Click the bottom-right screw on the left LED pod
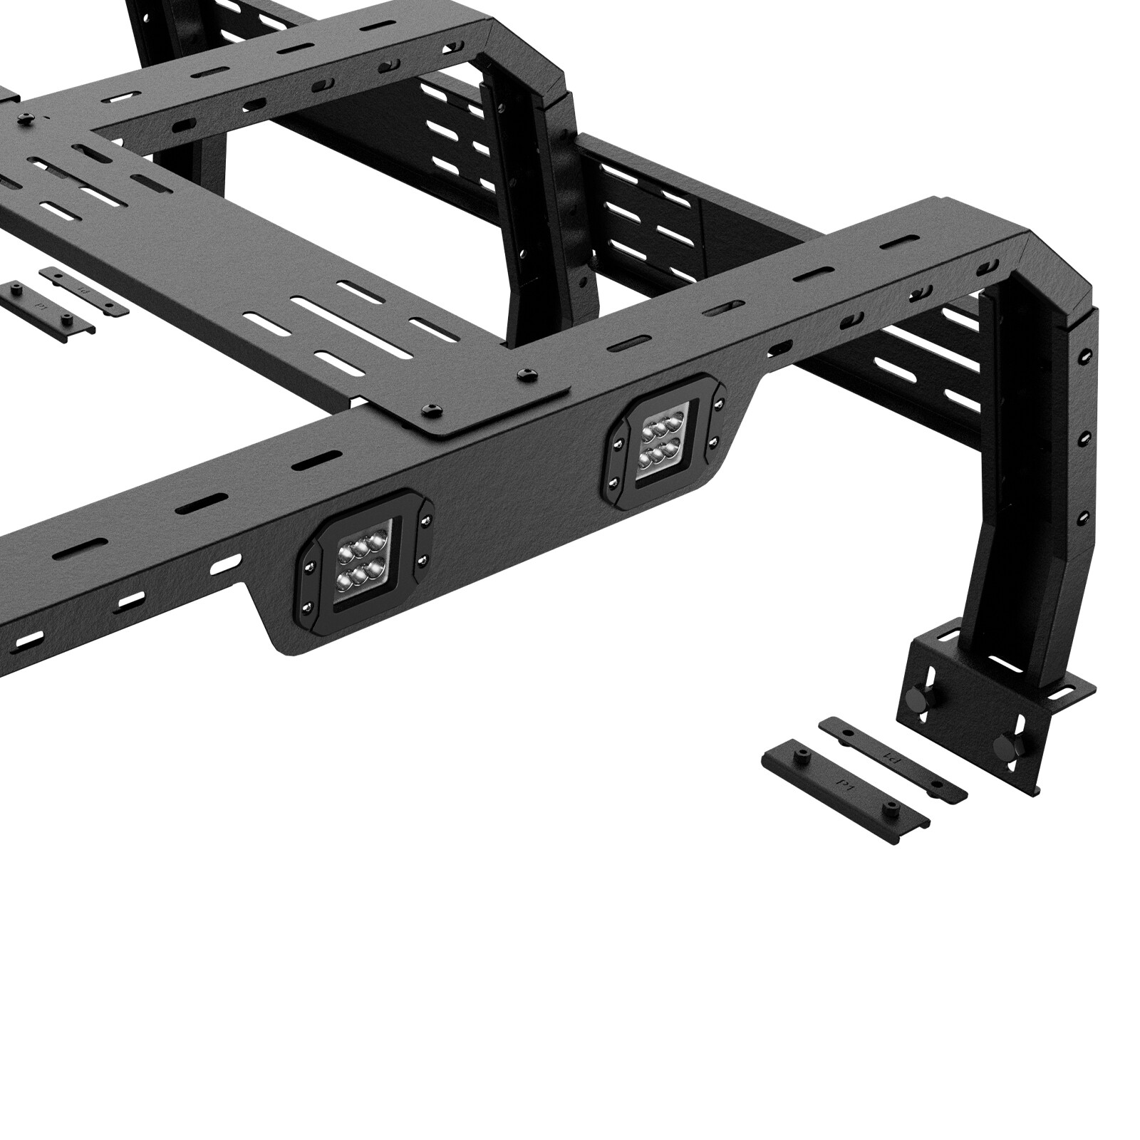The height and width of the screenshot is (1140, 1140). [424, 560]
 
